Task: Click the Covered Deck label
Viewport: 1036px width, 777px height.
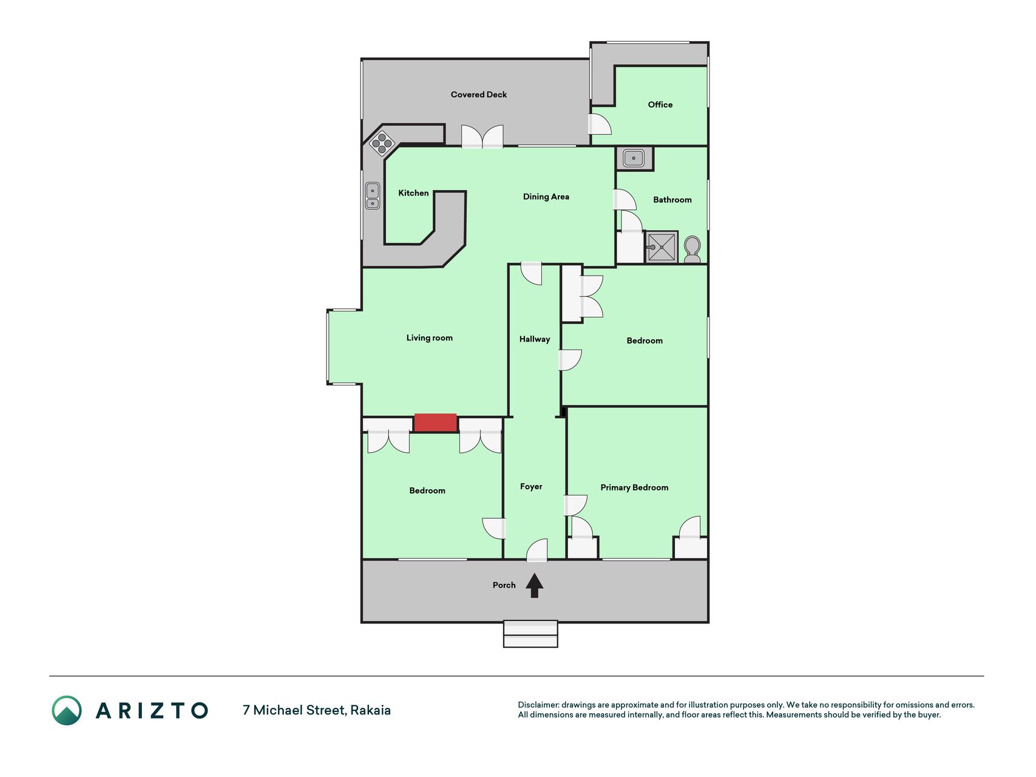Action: [x=478, y=95]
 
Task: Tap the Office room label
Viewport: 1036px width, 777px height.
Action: [x=660, y=105]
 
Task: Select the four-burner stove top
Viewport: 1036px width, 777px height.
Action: [x=382, y=143]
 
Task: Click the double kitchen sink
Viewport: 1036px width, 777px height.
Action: [x=372, y=196]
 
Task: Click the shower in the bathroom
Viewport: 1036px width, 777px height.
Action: [x=661, y=247]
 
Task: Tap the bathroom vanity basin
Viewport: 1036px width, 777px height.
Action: [x=634, y=158]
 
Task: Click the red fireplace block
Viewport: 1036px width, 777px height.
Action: [x=435, y=422]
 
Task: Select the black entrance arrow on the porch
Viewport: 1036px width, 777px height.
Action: [x=534, y=585]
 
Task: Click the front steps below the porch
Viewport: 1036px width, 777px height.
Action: [x=530, y=634]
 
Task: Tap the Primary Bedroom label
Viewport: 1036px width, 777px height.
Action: [x=634, y=487]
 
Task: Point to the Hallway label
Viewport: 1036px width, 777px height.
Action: [x=534, y=339]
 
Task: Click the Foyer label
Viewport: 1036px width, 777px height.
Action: [x=531, y=487]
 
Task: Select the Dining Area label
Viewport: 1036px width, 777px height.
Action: [x=546, y=197]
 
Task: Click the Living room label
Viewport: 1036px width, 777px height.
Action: [x=429, y=338]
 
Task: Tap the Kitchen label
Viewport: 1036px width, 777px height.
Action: [x=413, y=193]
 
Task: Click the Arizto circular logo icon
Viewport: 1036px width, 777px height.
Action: [x=67, y=710]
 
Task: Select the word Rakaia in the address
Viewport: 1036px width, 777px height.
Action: [x=370, y=710]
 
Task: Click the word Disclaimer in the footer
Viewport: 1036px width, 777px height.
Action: [x=538, y=705]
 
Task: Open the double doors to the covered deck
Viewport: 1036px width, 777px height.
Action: [x=482, y=137]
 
